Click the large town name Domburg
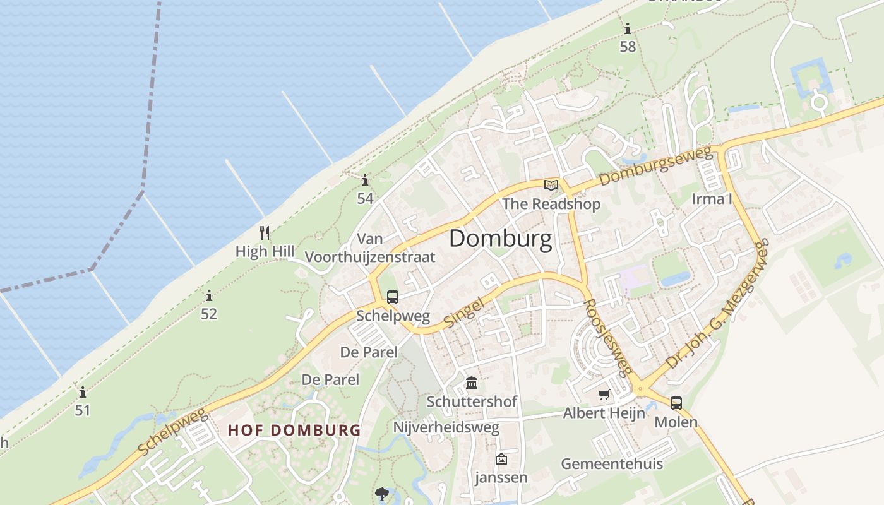[500, 239]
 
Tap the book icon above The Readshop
[551, 185]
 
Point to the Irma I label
[712, 199]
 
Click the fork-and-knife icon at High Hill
[265, 233]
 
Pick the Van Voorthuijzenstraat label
[370, 248]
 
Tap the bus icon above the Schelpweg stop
[393, 297]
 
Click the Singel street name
[464, 312]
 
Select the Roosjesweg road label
[607, 337]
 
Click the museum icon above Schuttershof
[471, 383]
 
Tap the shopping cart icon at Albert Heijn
[604, 395]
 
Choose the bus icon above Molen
[676, 403]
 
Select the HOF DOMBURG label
[294, 431]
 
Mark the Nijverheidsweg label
[446, 427]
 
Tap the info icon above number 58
[628, 29]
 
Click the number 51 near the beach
[83, 410]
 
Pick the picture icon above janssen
[501, 459]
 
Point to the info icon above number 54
[365, 181]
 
